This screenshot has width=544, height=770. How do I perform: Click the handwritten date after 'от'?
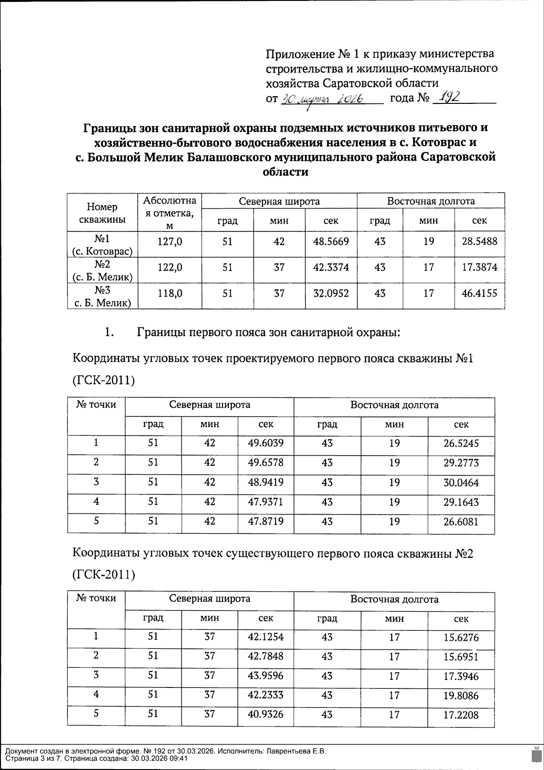tap(324, 99)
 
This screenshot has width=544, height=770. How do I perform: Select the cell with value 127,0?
tap(170, 242)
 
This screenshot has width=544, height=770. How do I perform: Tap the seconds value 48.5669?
tap(331, 242)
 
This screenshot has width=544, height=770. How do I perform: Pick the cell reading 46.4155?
tap(479, 293)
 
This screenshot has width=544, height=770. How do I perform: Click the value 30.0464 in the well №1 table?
tap(461, 482)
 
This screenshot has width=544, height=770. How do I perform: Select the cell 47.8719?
tap(266, 521)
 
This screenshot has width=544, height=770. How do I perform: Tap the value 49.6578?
tap(266, 463)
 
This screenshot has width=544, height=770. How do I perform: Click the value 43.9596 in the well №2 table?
tap(266, 676)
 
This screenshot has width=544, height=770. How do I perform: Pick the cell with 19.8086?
tap(461, 696)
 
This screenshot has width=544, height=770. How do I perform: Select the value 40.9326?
tap(266, 715)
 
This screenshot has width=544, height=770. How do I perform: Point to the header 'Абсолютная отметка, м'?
tap(170, 213)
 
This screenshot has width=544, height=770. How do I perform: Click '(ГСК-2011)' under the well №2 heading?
tap(104, 575)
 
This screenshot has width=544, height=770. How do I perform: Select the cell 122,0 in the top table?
tap(170, 268)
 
